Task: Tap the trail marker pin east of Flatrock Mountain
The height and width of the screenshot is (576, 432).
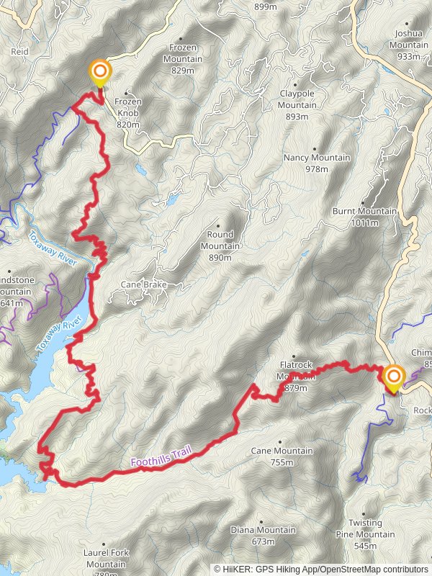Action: coord(394,378)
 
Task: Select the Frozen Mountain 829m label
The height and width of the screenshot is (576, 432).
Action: coord(183,59)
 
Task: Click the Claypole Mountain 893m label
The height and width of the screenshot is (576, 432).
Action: coord(297,105)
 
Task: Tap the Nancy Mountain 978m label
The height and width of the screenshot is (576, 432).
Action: coord(316,163)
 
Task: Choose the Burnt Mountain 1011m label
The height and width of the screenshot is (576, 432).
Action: coord(364,217)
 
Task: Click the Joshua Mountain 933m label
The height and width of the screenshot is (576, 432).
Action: coord(408,45)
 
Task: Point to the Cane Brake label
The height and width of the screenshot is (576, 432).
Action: coord(143,285)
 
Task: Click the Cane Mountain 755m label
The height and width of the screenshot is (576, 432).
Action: coord(282,456)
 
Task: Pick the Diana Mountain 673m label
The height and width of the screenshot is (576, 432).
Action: coord(263,536)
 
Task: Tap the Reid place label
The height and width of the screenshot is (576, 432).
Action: coord(19,53)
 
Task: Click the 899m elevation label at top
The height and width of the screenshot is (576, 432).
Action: coord(265,6)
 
